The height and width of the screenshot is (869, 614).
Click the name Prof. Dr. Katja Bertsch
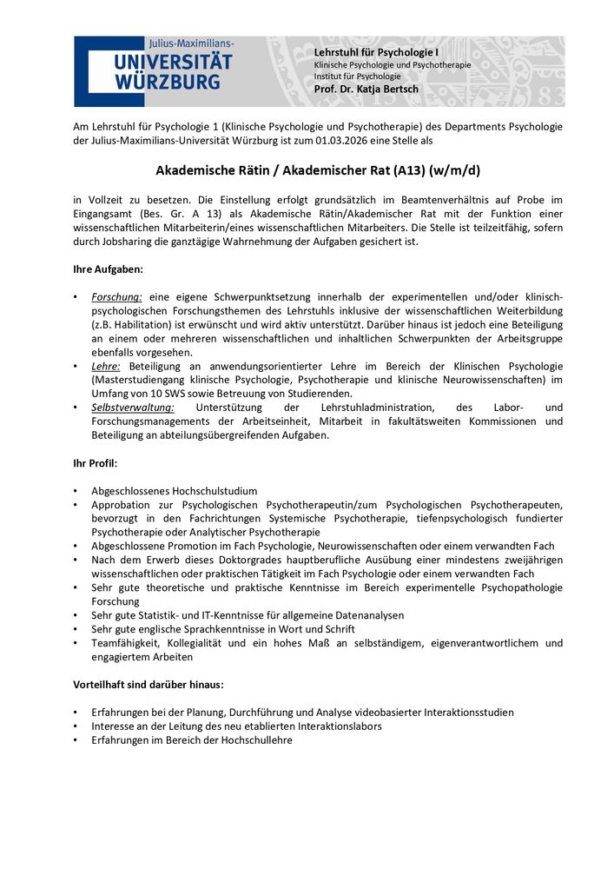click(366, 90)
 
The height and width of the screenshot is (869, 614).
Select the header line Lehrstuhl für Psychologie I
click(376, 53)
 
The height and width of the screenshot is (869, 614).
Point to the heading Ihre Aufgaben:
click(108, 269)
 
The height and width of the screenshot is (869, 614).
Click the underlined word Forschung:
click(117, 297)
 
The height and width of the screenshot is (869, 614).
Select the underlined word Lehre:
click(106, 367)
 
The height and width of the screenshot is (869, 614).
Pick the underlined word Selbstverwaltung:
click(133, 408)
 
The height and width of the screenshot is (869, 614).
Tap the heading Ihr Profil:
click(96, 463)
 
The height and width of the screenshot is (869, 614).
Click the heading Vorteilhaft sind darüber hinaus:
click(149, 685)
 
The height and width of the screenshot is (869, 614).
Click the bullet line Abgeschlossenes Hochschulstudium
click(175, 491)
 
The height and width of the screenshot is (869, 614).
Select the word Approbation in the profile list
click(121, 505)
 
